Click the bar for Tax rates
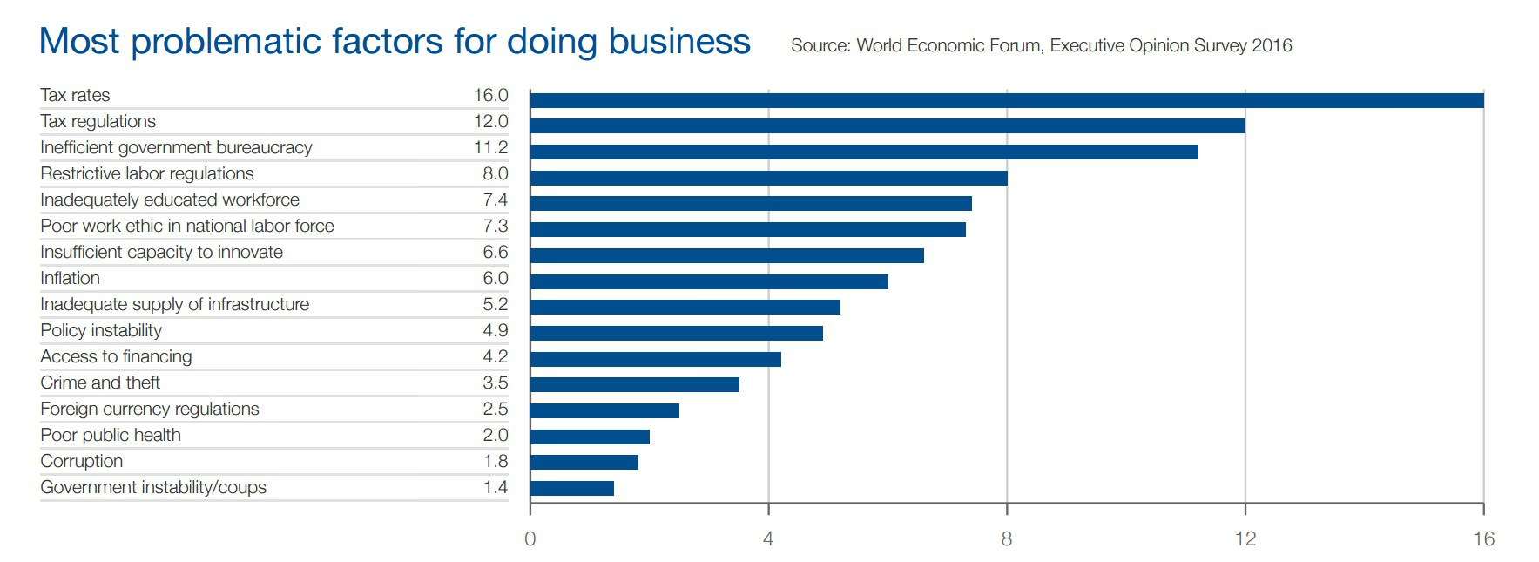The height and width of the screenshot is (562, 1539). (1006, 100)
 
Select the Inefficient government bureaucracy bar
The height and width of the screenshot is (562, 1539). (863, 152)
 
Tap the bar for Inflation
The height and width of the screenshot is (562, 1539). (709, 282)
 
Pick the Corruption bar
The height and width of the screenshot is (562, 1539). (584, 462)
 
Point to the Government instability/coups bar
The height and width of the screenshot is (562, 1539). (571, 488)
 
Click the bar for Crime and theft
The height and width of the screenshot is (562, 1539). (634, 384)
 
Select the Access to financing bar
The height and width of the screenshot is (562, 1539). (655, 359)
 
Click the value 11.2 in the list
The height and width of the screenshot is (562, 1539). (490, 148)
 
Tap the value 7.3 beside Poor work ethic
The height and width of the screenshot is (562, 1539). (495, 227)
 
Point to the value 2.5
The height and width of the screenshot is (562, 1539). (495, 410)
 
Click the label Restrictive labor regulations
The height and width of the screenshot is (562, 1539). (147, 174)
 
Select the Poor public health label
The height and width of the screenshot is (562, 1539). (111, 436)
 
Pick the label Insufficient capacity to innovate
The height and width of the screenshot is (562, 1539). (161, 253)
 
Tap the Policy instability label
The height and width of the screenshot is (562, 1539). (101, 331)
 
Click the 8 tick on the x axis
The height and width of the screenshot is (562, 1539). (1006, 539)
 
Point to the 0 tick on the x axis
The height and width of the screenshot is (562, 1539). (530, 539)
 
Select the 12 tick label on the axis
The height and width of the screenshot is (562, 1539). (1245, 539)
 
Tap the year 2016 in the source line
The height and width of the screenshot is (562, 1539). (1272, 46)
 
